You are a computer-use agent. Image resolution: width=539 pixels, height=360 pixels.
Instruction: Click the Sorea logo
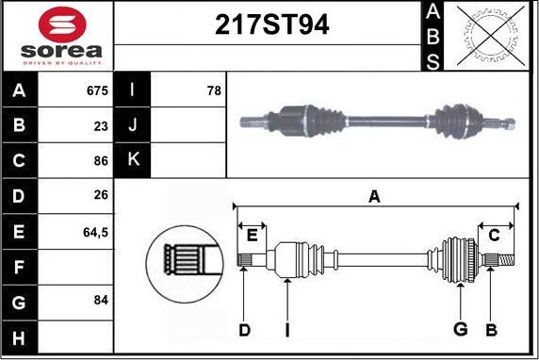pyautogui.click(x=59, y=36)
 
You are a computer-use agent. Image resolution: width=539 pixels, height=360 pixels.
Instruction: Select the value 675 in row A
pyautogui.click(x=96, y=91)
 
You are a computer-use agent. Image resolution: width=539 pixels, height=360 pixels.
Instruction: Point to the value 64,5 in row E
pyautogui.click(x=96, y=230)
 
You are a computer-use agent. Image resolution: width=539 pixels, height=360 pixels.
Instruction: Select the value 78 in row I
pyautogui.click(x=213, y=91)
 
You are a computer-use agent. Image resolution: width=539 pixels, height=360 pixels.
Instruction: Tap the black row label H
pyautogui.click(x=20, y=335)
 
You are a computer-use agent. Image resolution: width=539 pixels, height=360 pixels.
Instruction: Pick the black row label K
pyautogui.click(x=133, y=159)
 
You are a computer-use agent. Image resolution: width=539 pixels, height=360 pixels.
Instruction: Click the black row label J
pyautogui.click(x=133, y=124)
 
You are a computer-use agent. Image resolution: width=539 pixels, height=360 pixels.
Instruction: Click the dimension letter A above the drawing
pyautogui.click(x=374, y=197)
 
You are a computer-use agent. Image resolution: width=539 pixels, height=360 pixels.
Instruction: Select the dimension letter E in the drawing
pyautogui.click(x=252, y=236)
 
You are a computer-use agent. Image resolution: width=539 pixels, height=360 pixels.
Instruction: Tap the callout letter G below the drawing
pyautogui.click(x=460, y=329)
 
